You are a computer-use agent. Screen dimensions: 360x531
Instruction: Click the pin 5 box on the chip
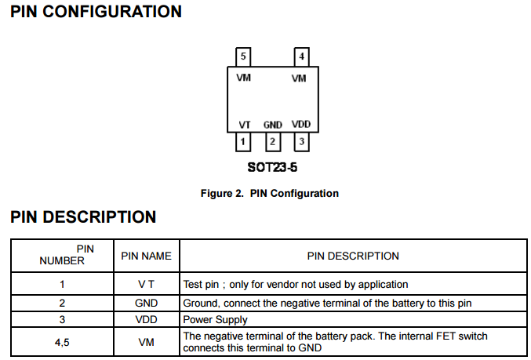(244, 57)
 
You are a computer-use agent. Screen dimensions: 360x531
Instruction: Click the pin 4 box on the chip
(301, 57)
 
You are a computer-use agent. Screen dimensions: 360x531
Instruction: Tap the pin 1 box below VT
(244, 142)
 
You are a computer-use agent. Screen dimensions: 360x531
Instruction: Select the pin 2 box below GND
(272, 142)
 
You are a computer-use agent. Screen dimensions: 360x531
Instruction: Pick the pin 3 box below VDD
(301, 142)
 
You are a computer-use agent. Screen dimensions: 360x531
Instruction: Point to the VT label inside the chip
(244, 125)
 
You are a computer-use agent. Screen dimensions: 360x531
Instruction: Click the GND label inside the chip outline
(272, 125)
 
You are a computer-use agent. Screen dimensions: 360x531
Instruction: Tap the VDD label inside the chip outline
(300, 125)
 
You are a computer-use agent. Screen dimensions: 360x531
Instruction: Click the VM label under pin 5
(244, 78)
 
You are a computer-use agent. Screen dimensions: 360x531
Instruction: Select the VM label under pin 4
(299, 78)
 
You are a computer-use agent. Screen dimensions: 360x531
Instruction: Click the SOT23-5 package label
(272, 168)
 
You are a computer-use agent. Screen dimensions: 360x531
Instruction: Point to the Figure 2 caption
(270, 193)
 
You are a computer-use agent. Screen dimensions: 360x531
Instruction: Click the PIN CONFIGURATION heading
(96, 12)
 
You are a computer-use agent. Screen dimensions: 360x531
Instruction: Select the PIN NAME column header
(146, 256)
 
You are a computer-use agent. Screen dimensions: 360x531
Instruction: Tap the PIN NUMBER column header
(63, 255)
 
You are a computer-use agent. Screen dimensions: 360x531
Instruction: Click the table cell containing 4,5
(63, 342)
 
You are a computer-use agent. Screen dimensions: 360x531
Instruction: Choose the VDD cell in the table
(146, 320)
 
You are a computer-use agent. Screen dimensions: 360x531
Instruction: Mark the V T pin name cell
(146, 285)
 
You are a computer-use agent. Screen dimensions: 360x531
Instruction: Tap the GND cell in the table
(146, 303)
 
